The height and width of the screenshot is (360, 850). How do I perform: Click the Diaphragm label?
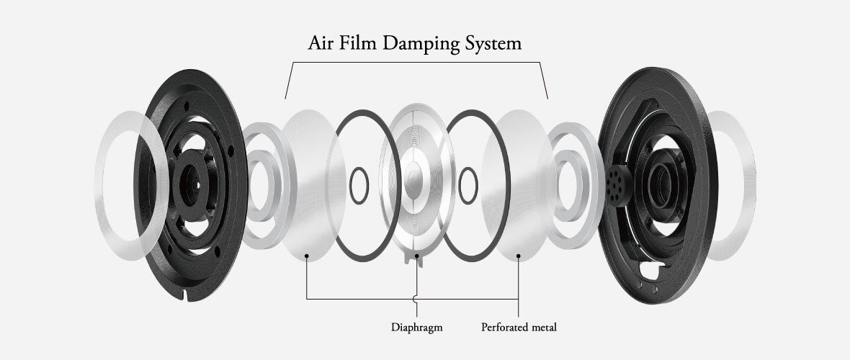point(416,327)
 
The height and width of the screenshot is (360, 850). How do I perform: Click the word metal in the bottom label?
point(545,327)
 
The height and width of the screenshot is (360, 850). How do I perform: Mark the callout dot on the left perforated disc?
point(308,255)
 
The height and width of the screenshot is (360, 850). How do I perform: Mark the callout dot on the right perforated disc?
point(519,255)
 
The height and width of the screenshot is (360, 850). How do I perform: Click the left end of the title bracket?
point(286,97)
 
